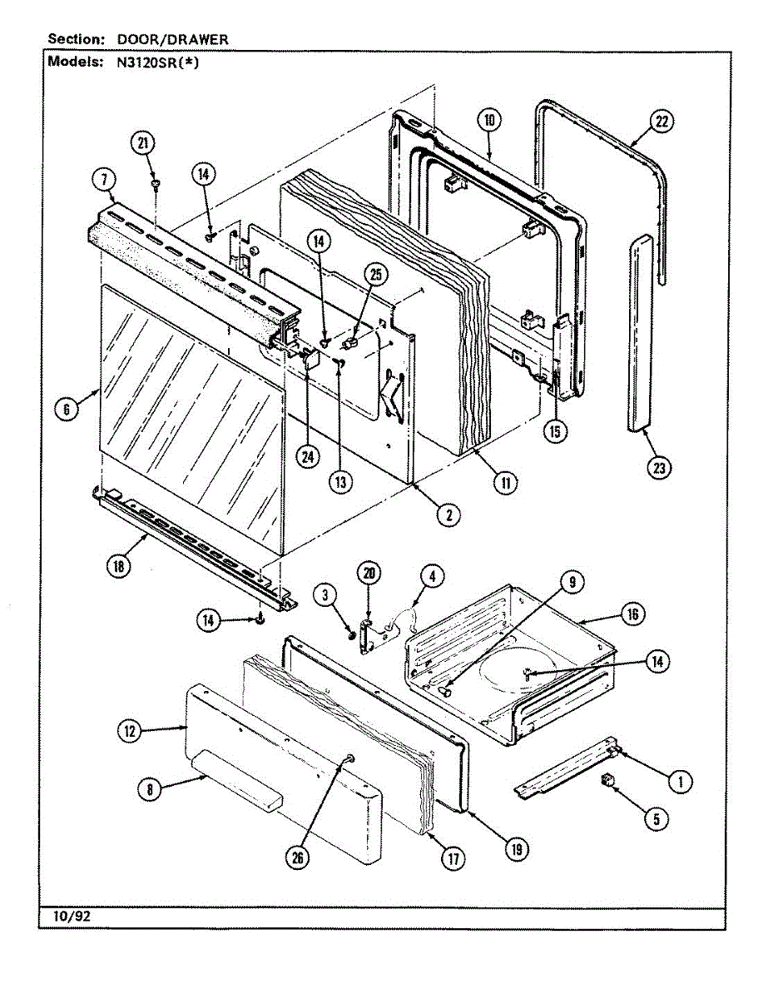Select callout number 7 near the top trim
pyautogui.click(x=103, y=177)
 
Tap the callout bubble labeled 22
pyautogui.click(x=661, y=122)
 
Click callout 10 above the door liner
pyautogui.click(x=489, y=120)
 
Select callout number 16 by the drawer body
pyautogui.click(x=632, y=614)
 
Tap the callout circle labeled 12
pyautogui.click(x=129, y=731)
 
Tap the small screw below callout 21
pyautogui.click(x=156, y=182)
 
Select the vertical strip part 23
pyautogui.click(x=642, y=333)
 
